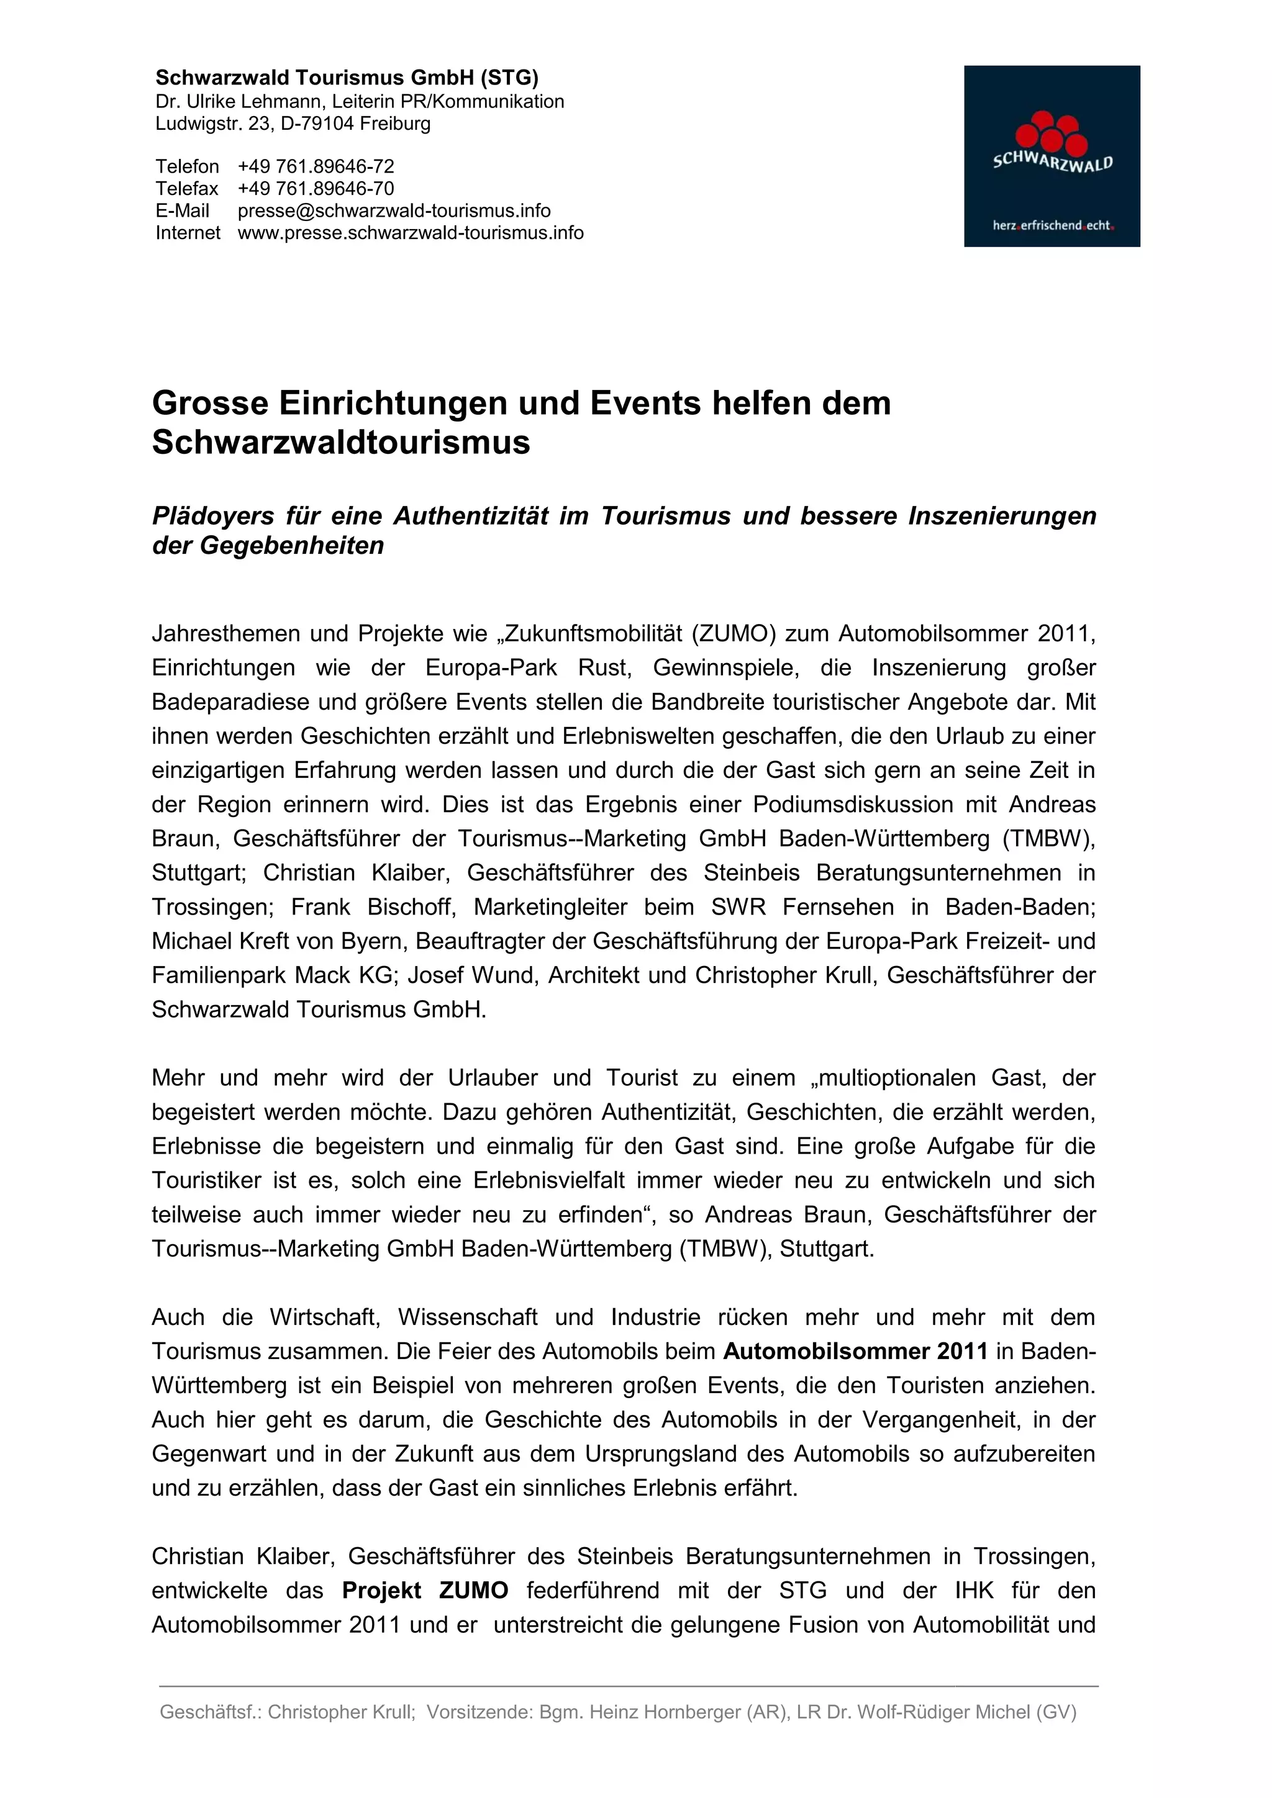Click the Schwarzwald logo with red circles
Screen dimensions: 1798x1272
pyautogui.click(x=1051, y=156)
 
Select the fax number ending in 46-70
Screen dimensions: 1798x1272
pyautogui.click(x=316, y=189)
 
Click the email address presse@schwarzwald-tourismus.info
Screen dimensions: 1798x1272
pyautogui.click(x=394, y=210)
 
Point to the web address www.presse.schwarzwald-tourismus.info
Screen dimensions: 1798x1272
pyautogui.click(x=411, y=233)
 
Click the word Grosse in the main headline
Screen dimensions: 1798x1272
pyautogui.click(x=209, y=404)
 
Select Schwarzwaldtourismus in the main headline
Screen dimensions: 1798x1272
pyautogui.click(x=341, y=443)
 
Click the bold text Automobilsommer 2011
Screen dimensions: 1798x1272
pyautogui.click(x=855, y=1352)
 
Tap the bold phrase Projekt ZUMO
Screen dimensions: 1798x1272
pyautogui.click(x=425, y=1591)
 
